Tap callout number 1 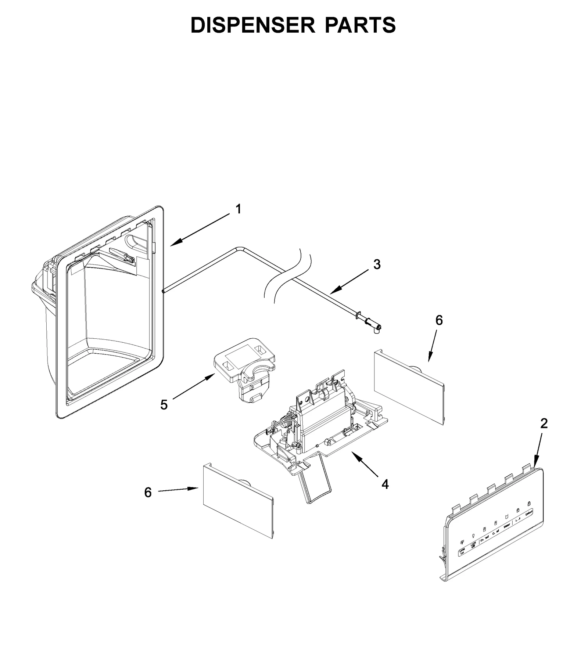(239, 209)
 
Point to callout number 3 (377, 264)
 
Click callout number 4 (385, 485)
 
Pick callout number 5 (164, 405)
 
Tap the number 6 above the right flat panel (439, 320)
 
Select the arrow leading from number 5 (193, 386)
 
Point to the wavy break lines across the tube (289, 275)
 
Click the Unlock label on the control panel (529, 515)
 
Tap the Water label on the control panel (506, 526)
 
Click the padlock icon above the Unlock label (529, 504)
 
